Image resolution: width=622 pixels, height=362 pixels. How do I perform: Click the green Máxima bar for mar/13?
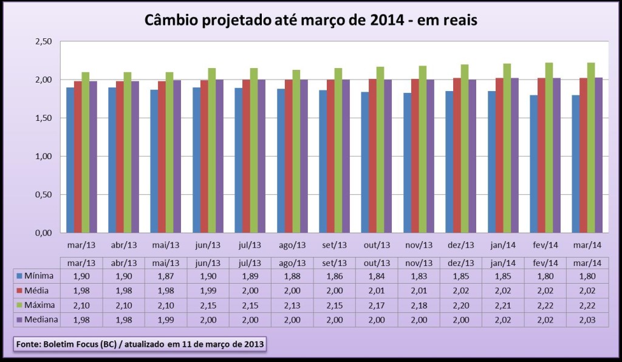point(86,152)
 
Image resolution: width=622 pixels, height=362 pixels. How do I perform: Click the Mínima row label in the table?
point(36,276)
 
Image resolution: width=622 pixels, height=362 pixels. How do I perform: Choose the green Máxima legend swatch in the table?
point(21,305)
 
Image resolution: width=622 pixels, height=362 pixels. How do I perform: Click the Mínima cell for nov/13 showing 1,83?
point(419,276)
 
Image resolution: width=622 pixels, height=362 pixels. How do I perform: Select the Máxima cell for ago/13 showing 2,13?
point(292,305)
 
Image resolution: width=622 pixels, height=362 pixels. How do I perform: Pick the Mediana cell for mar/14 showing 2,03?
point(587,319)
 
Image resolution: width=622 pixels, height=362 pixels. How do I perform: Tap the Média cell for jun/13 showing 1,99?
point(207,290)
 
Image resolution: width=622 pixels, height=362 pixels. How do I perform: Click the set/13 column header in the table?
point(334,262)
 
